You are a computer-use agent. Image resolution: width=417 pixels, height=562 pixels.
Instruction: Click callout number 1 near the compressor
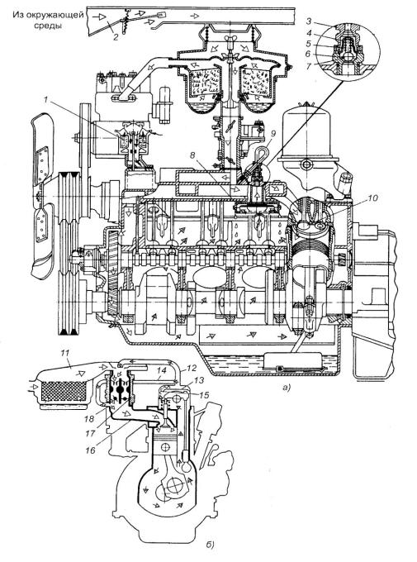[46, 100]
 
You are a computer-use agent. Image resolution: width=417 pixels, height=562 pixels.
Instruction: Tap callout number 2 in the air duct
[116, 37]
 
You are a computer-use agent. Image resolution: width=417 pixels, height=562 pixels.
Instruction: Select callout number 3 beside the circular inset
[309, 21]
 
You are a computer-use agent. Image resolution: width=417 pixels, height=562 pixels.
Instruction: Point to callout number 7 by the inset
[309, 65]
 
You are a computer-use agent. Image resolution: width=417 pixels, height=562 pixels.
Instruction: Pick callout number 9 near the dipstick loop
[273, 134]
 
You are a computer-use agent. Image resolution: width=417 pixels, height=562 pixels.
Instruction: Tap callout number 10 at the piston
[372, 198]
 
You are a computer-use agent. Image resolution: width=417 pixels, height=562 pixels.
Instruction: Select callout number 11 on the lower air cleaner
[65, 354]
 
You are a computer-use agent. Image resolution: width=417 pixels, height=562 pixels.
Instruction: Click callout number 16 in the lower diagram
[91, 450]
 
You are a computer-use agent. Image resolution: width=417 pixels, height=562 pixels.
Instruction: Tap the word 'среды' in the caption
[48, 26]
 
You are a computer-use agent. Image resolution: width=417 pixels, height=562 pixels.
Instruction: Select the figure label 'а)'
[287, 388]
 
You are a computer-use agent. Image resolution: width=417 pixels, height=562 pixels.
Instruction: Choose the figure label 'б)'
[211, 545]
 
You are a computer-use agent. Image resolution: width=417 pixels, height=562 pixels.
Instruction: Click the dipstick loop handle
[260, 153]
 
